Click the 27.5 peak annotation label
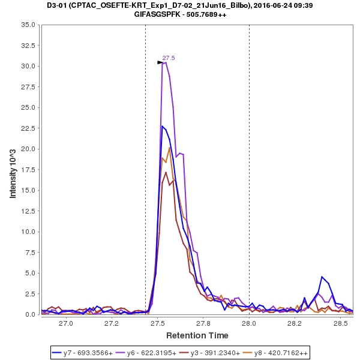pyautogui.click(x=169, y=58)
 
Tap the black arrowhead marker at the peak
pyautogui.click(x=160, y=62)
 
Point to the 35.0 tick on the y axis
pyautogui.click(x=29, y=25)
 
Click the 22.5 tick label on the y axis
pyautogui.click(x=29, y=128)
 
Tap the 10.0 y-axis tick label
pyautogui.click(x=29, y=232)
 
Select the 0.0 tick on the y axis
pyautogui.click(x=31, y=314)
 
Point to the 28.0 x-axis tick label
pyautogui.click(x=249, y=323)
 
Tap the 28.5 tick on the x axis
pyautogui.click(x=341, y=323)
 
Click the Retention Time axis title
pyautogui.click(x=197, y=335)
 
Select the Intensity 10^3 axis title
pyautogui.click(x=13, y=169)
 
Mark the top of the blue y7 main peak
pyautogui.click(x=162, y=126)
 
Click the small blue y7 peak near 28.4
pyautogui.click(x=322, y=277)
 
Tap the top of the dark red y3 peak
pyautogui.click(x=166, y=172)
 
